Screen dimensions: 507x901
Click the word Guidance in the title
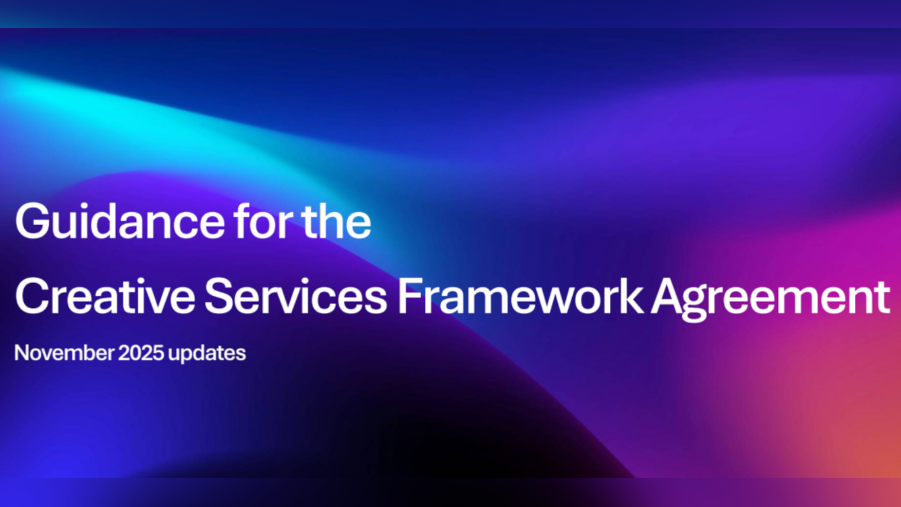coord(120,221)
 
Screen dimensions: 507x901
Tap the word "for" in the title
coord(263,221)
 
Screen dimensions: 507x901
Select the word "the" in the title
coord(336,221)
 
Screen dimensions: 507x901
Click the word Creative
coord(105,296)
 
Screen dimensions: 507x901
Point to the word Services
coord(296,296)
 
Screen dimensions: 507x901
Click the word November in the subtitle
coord(64,353)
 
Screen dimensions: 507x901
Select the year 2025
coord(141,353)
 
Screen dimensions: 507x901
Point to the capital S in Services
coord(219,296)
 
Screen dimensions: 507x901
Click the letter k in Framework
coord(632,296)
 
